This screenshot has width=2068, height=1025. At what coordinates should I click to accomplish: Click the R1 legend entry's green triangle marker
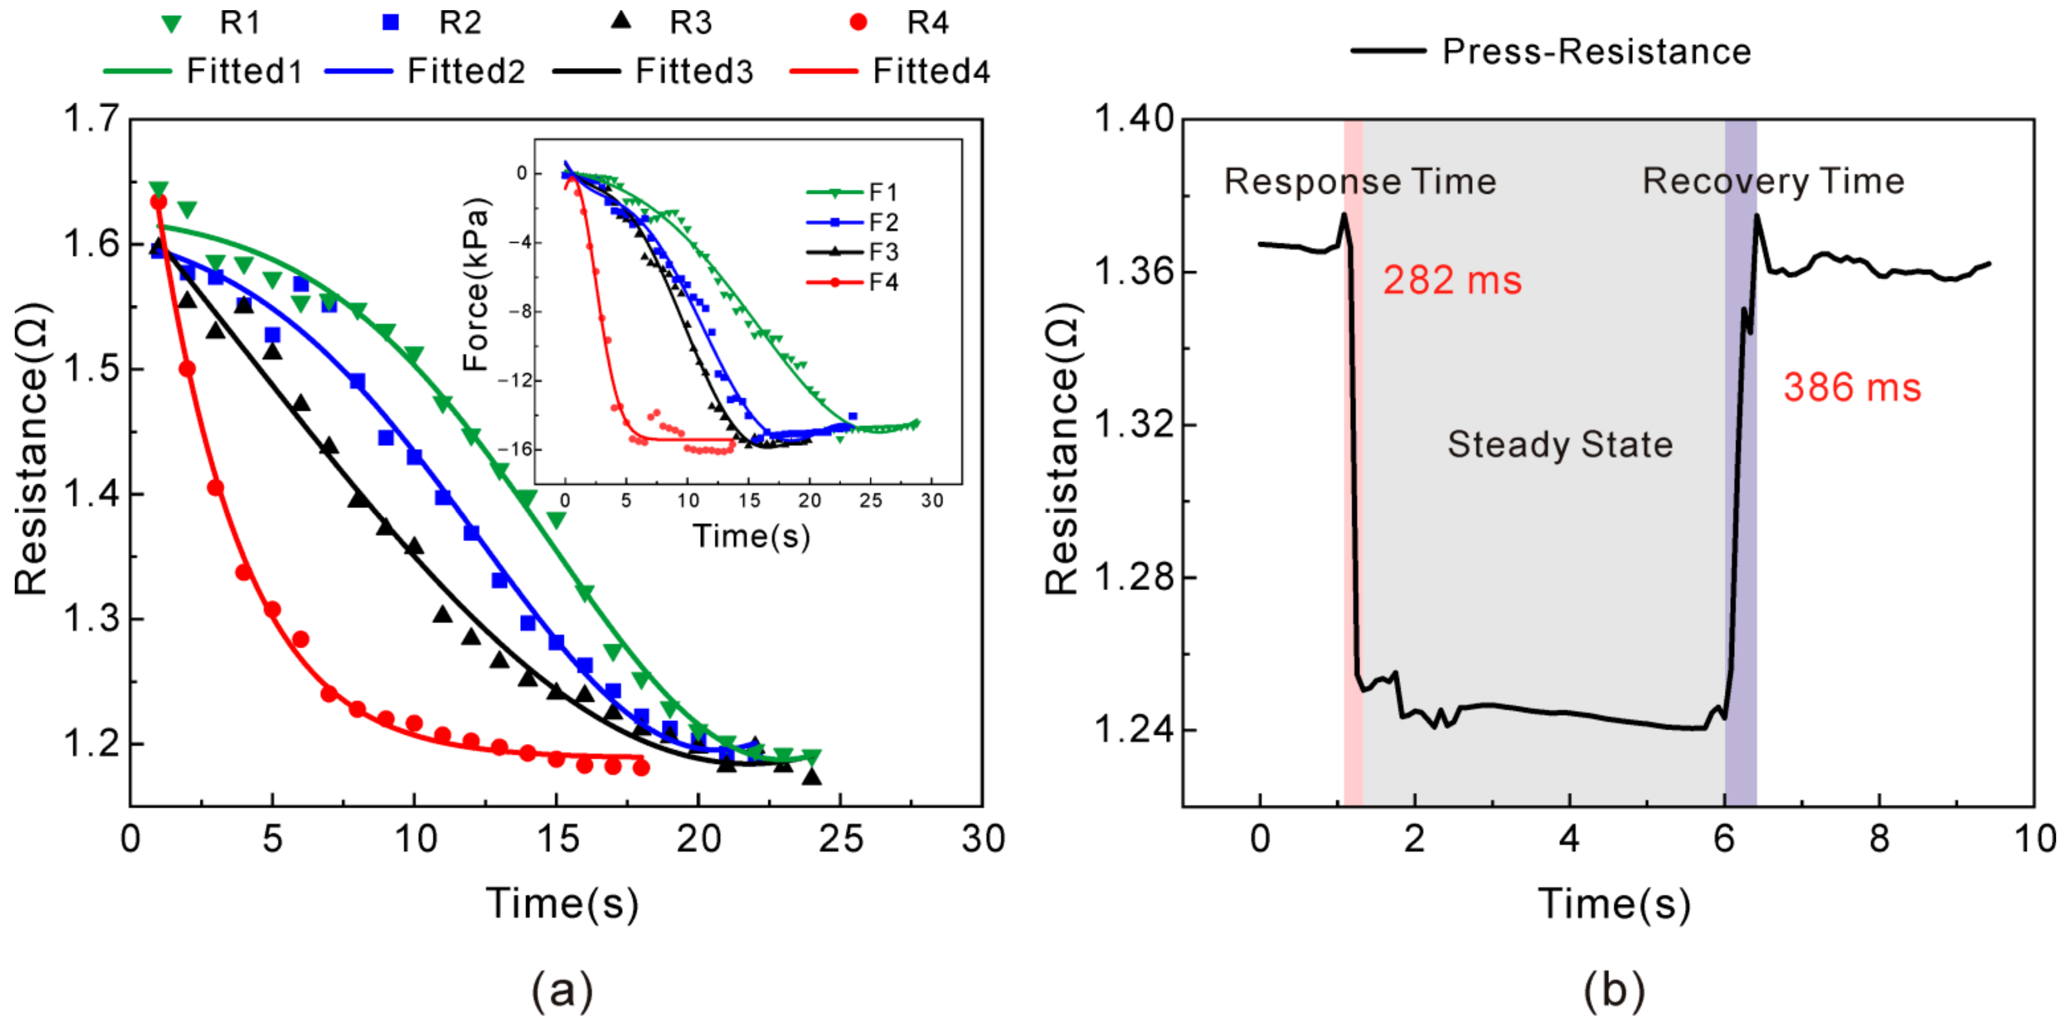coord(171,24)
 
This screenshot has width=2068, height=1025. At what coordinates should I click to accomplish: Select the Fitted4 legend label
coord(931,71)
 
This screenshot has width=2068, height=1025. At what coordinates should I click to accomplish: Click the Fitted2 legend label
coord(466,71)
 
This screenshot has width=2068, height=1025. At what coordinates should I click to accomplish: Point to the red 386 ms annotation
coord(1852,388)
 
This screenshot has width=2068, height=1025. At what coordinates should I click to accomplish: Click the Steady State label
coord(1560,445)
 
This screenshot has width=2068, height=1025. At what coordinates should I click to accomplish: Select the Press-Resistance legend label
coord(1596,52)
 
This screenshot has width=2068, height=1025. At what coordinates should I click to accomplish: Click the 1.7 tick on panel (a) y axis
coord(91,119)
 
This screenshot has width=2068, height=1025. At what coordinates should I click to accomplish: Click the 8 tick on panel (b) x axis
coord(1879,839)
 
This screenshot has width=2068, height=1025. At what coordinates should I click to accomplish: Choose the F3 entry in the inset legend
coord(883,252)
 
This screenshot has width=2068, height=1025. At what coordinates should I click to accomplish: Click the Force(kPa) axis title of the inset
coord(476,284)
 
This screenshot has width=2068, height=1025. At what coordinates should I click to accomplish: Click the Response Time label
coord(1360,182)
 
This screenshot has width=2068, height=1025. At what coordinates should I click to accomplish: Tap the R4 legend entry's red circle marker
coord(858,22)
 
